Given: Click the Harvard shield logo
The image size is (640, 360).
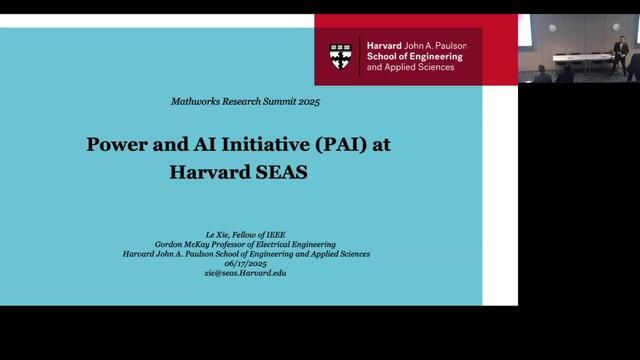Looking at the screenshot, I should tap(342, 57).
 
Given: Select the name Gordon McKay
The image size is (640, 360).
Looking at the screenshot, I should tap(185, 244).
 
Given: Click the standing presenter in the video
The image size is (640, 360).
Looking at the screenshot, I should tap(621, 56).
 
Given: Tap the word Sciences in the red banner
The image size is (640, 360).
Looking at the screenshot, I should tap(434, 69).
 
